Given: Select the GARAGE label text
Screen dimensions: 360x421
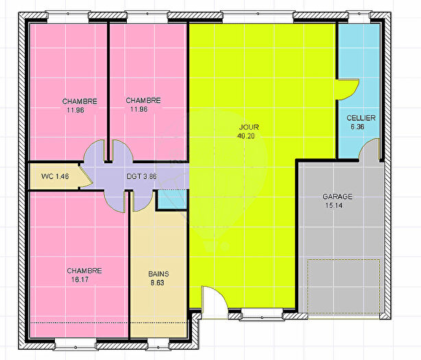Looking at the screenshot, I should click(338, 197).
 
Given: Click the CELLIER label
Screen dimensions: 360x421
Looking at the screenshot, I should click(361, 118).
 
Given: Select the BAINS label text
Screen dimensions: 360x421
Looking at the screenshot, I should click(158, 274).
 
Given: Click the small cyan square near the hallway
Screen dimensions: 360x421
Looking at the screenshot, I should click(171, 199).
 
